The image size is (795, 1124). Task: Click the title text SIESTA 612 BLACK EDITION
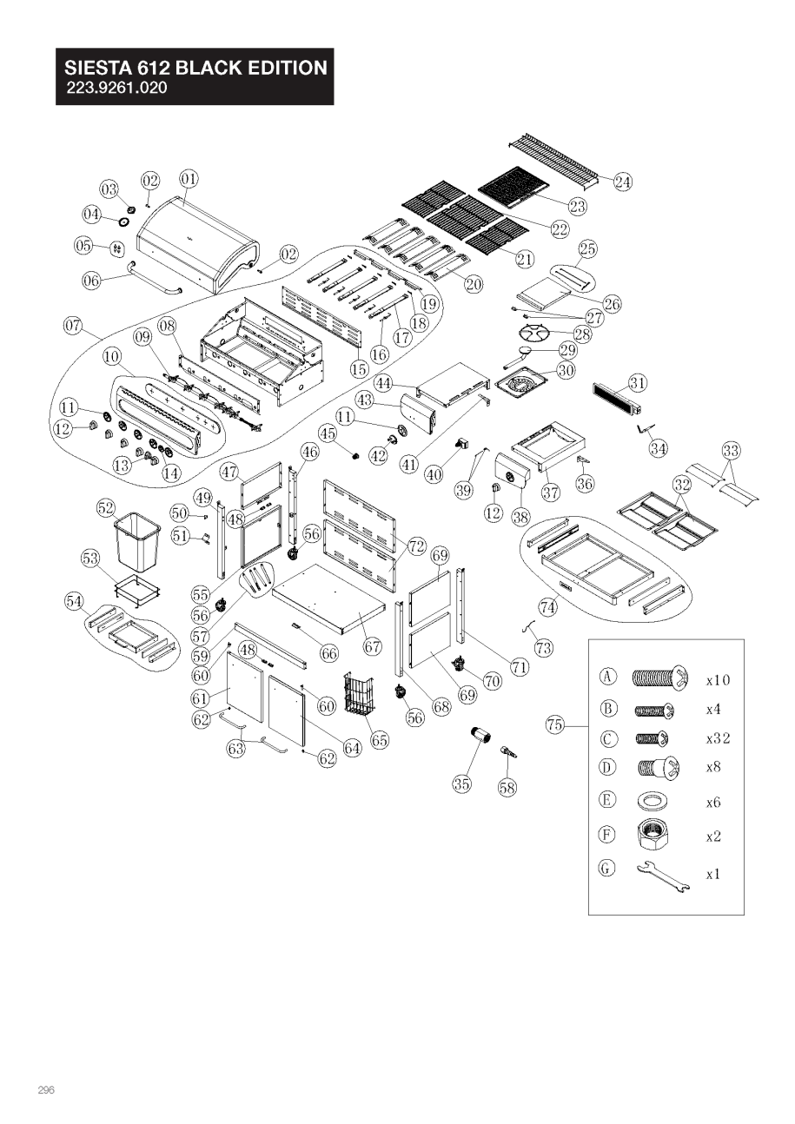pyautogui.click(x=195, y=68)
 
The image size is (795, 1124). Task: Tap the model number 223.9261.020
pyautogui.click(x=117, y=88)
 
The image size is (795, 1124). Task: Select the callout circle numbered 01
pyautogui.click(x=189, y=179)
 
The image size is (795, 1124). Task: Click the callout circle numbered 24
pyautogui.click(x=622, y=182)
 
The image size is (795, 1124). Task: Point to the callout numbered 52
pyautogui.click(x=106, y=507)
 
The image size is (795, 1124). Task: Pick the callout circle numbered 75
pyautogui.click(x=555, y=724)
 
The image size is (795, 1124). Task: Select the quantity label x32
pyautogui.click(x=719, y=739)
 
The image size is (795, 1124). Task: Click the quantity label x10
pyautogui.click(x=719, y=679)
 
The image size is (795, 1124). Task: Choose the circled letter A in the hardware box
pyautogui.click(x=609, y=677)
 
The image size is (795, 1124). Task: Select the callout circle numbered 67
pyautogui.click(x=373, y=646)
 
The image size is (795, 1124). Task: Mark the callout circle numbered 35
pyautogui.click(x=461, y=783)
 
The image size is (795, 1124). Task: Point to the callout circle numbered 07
pyautogui.click(x=74, y=327)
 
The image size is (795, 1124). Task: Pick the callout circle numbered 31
pyautogui.click(x=638, y=382)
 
